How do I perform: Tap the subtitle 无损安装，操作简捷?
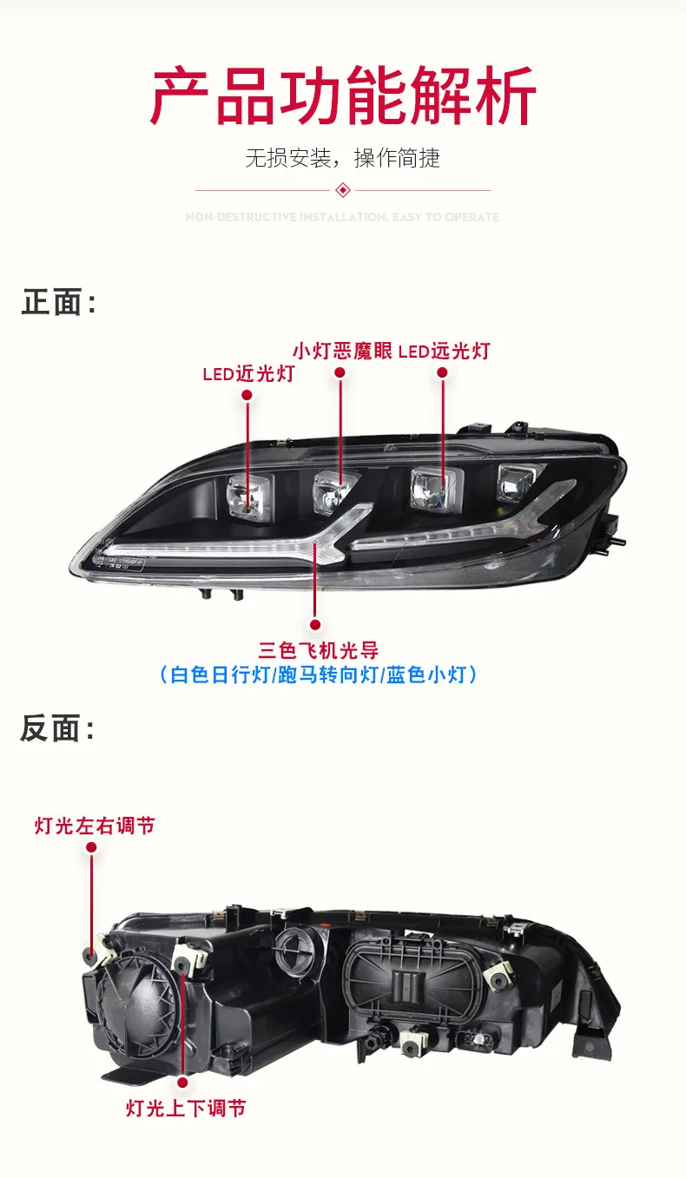click(342, 158)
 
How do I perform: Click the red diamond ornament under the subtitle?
click(342, 190)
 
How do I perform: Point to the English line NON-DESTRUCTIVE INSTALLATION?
click(342, 217)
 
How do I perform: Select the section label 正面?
click(58, 303)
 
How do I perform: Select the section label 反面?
click(57, 729)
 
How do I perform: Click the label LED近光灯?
click(247, 374)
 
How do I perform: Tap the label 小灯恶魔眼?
click(342, 351)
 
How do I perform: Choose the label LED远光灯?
click(444, 351)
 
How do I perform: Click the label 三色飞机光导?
click(319, 649)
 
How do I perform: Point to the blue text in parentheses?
click(319, 675)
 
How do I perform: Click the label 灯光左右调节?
click(95, 826)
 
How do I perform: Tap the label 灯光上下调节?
click(185, 1108)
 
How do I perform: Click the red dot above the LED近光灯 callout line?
click(247, 395)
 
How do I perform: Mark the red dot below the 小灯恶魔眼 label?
click(340, 372)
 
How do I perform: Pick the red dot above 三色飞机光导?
click(314, 624)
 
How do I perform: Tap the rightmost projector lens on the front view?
click(514, 479)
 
